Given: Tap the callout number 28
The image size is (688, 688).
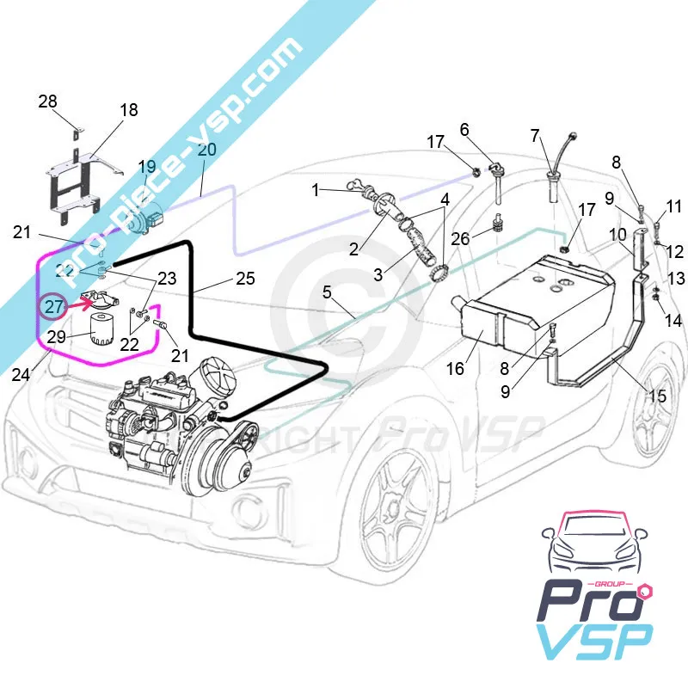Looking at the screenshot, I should click(47, 101).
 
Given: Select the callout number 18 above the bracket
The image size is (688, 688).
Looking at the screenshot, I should click(128, 110).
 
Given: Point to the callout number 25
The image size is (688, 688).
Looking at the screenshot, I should click(245, 279).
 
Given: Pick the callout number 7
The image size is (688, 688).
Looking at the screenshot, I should click(535, 135).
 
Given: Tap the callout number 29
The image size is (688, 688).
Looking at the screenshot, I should click(56, 337).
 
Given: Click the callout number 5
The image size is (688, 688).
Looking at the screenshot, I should click(327, 292).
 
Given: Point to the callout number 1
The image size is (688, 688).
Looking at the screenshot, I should click(316, 188).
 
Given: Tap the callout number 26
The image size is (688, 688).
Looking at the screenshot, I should click(461, 238).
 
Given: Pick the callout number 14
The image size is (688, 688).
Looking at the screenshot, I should click(673, 321).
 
